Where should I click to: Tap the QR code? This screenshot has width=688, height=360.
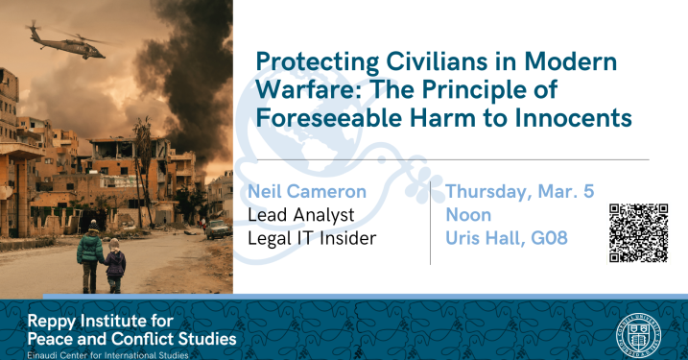(x=638, y=232)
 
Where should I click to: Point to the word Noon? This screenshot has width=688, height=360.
(x=468, y=213)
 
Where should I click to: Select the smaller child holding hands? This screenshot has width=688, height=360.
(x=116, y=266)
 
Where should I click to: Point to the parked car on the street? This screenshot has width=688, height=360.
(x=217, y=229)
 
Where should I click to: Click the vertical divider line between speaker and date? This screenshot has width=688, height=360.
(x=431, y=216)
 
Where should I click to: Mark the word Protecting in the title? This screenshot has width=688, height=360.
(x=309, y=64)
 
